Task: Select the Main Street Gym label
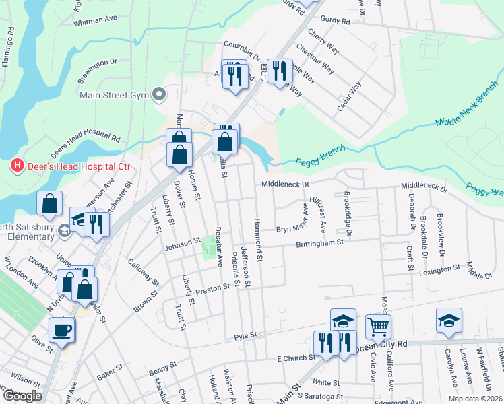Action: pyautogui.click(x=113, y=94)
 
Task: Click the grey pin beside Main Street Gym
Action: pyautogui.click(x=159, y=94)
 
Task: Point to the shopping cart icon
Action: pyautogui.click(x=379, y=327)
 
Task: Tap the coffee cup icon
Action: pyautogui.click(x=62, y=330)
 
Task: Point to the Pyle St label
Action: pyautogui.click(x=245, y=335)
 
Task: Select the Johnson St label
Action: pyautogui.click(x=183, y=240)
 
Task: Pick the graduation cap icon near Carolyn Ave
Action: pyautogui.click(x=449, y=321)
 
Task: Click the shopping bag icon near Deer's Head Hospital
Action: pyautogui.click(x=50, y=204)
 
